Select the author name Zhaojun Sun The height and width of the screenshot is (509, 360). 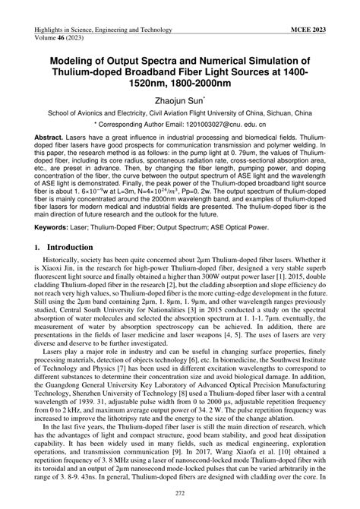180,99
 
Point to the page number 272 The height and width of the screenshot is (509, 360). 180,494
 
